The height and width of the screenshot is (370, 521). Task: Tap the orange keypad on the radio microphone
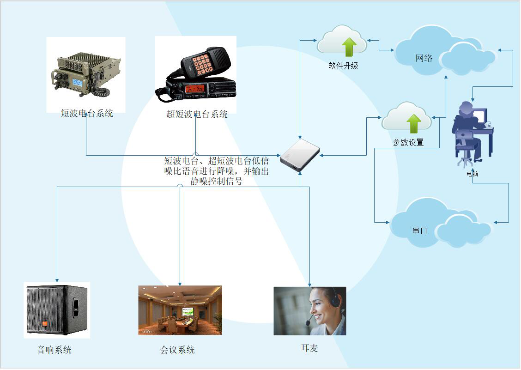click(202, 64)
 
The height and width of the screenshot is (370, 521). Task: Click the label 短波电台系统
click(87, 113)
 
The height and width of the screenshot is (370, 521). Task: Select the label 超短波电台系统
click(197, 114)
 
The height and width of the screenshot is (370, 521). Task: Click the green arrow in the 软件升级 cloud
click(349, 47)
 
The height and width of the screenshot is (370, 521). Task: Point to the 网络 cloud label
click(424, 58)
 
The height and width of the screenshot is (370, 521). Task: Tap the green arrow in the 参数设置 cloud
click(414, 123)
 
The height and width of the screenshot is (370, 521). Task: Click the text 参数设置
click(408, 142)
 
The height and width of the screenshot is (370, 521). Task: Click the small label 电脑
click(472, 174)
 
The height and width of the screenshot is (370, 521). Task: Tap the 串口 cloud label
click(419, 230)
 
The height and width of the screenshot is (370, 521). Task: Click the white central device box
click(300, 155)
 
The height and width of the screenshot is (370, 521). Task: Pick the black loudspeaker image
click(57, 310)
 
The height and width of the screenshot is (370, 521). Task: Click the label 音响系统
click(55, 350)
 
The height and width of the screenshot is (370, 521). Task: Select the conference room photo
click(180, 310)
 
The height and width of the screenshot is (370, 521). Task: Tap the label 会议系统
click(177, 350)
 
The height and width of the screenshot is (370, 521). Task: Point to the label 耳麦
click(309, 348)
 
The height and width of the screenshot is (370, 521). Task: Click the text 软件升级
click(343, 66)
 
